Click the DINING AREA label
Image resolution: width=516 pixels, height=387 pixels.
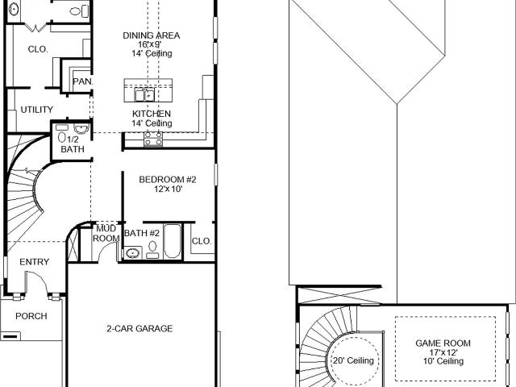[152, 35]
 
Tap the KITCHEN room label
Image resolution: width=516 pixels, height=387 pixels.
[152, 114]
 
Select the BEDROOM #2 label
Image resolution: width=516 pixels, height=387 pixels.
[168, 180]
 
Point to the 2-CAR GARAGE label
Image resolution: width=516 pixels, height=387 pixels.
[139, 328]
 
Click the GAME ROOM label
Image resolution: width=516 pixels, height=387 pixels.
[443, 343]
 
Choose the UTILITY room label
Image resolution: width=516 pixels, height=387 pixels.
[37, 110]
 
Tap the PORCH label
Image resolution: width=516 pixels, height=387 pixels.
[31, 316]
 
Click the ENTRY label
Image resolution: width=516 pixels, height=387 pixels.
[34, 262]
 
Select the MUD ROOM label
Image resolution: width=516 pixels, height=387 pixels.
[106, 233]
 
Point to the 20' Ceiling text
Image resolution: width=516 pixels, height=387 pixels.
[353, 360]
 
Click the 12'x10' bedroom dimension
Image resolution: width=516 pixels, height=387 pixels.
[169, 189]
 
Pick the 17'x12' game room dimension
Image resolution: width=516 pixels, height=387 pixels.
[443, 352]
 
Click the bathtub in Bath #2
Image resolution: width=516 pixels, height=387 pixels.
[172, 241]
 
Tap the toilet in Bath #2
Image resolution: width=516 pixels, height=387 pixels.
[152, 249]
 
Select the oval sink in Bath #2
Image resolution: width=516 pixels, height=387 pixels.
[132, 253]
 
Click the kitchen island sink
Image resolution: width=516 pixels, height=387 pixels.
[145, 95]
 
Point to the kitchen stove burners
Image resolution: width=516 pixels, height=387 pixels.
[153, 139]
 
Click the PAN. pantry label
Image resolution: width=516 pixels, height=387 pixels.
[82, 81]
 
